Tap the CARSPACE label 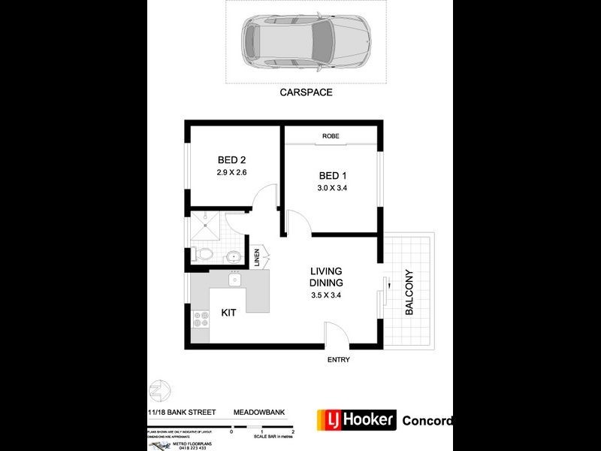(x=306, y=92)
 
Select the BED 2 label (x=231, y=159)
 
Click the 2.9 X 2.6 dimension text (x=231, y=172)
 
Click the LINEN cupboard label (x=257, y=257)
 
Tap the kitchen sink (x=234, y=280)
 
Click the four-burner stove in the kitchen (x=201, y=322)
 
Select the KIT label (x=229, y=312)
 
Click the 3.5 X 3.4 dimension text (x=327, y=295)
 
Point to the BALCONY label (x=409, y=292)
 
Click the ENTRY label (x=338, y=359)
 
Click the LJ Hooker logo (x=356, y=419)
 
